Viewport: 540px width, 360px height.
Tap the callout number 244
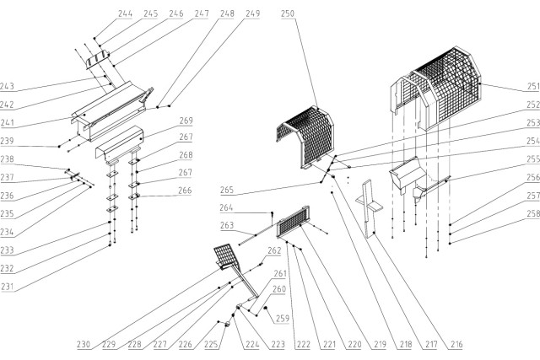[125, 13]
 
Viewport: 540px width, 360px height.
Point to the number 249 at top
[253, 13]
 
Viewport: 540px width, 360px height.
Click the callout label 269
[186, 120]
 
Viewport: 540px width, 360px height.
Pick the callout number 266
[186, 191]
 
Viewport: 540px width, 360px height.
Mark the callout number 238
[8, 159]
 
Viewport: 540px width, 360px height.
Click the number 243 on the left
[8, 87]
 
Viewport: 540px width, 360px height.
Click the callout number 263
[227, 226]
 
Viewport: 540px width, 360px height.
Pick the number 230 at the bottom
[83, 344]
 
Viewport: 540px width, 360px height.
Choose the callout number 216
[456, 344]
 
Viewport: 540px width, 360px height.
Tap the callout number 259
[282, 318]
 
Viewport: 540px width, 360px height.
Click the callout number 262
[274, 250]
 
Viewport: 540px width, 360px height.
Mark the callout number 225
[210, 344]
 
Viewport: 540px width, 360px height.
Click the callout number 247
[202, 13]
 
